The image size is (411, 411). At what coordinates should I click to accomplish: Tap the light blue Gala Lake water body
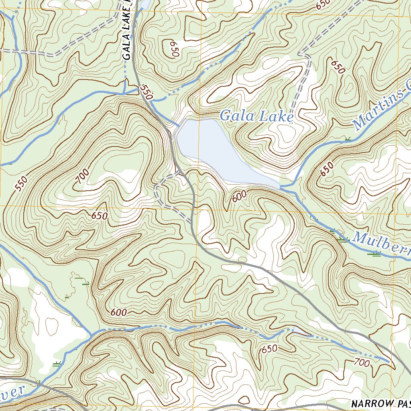(213, 151)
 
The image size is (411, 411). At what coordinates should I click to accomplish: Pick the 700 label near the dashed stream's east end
(362, 363)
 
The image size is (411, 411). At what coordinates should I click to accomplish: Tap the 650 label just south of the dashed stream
(269, 349)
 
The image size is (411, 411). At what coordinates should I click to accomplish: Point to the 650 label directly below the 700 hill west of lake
(99, 216)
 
